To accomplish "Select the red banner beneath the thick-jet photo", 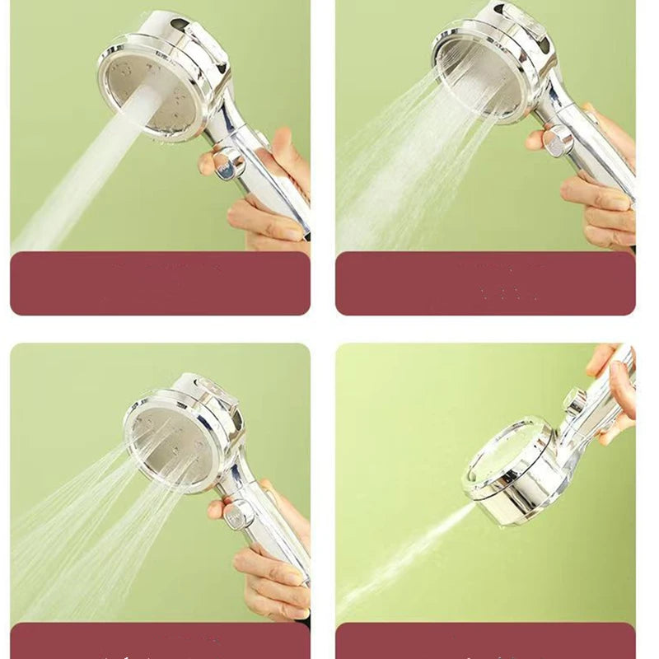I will [x=160, y=283].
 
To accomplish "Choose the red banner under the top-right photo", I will [x=485, y=283].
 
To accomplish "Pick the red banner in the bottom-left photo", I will [x=160, y=640].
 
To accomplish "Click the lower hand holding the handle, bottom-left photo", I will [x=268, y=573].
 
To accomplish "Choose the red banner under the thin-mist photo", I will [x=485, y=640].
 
